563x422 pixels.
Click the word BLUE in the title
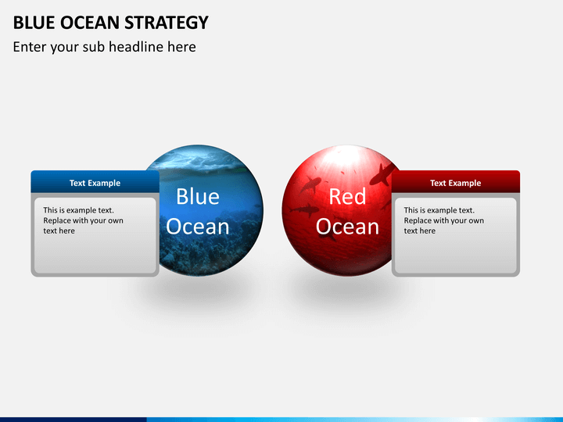point(34,23)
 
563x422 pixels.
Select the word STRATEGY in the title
point(167,23)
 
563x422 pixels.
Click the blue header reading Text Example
point(95,182)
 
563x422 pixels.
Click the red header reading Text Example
point(456,182)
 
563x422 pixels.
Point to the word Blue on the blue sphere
point(198,197)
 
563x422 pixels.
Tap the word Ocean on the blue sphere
point(198,227)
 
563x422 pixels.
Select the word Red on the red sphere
point(347,197)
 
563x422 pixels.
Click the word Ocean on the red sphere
point(347,227)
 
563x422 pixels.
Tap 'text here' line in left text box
point(59,231)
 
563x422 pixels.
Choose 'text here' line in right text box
point(419,231)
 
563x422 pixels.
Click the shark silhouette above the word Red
point(311,184)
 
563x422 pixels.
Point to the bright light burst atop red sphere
point(346,162)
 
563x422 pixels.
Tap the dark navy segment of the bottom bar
point(74,420)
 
